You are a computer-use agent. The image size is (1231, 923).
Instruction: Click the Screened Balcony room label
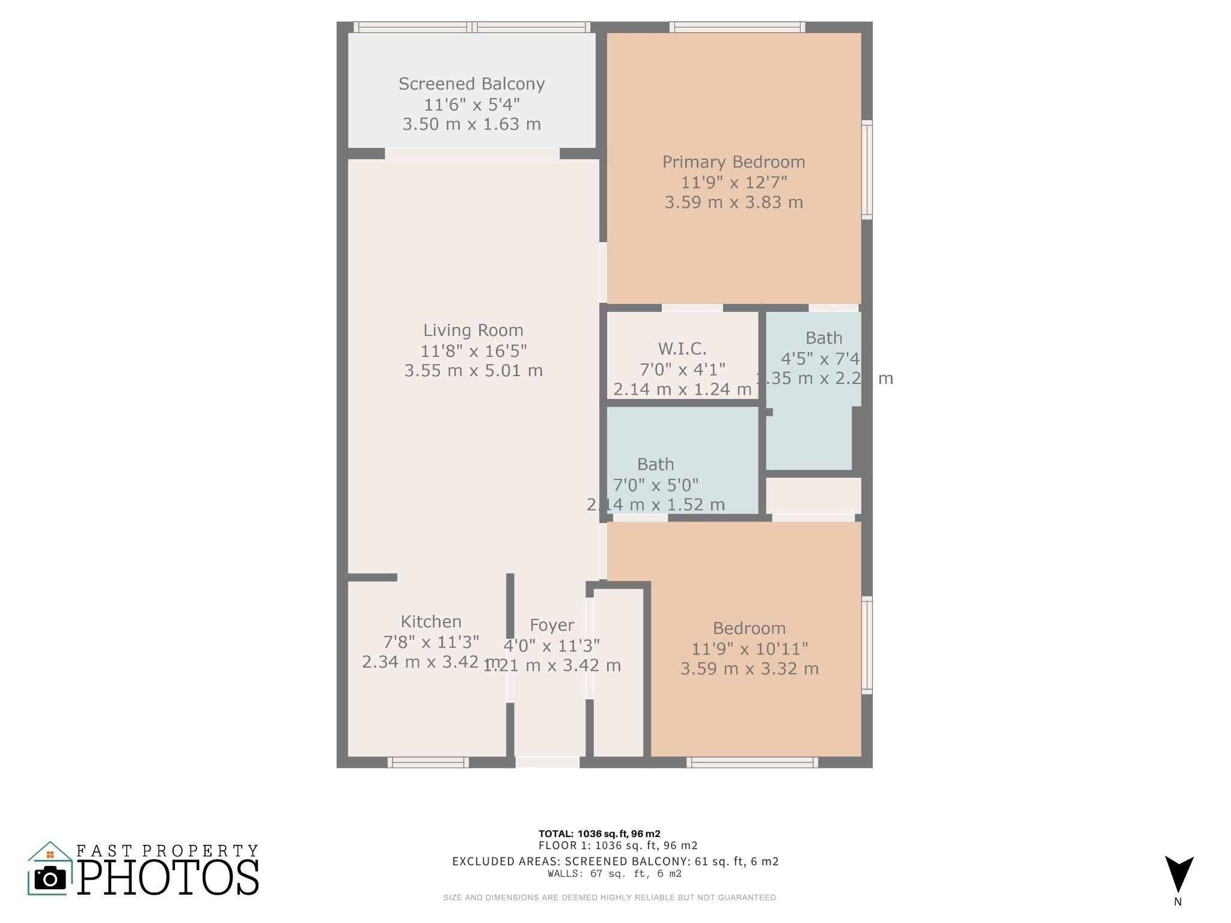(x=471, y=84)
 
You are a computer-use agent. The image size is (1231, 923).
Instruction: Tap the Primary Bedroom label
(x=733, y=162)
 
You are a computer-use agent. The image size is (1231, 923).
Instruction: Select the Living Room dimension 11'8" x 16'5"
(x=474, y=350)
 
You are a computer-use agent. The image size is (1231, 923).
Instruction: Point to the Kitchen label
(x=431, y=621)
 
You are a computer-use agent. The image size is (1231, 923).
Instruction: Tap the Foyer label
(x=552, y=626)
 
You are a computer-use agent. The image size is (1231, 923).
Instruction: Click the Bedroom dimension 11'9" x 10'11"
(x=750, y=649)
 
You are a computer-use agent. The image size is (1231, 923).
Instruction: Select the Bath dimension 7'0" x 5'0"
(x=656, y=484)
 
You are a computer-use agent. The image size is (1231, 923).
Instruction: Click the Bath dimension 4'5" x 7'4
(x=820, y=359)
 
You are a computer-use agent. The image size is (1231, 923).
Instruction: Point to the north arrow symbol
(x=1179, y=874)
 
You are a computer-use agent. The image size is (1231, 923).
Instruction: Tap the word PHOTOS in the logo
(x=168, y=878)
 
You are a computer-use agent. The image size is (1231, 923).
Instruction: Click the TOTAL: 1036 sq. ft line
(x=599, y=833)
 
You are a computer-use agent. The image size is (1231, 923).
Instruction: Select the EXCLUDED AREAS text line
(x=615, y=862)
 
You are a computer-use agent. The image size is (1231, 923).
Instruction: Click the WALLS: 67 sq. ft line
(x=614, y=874)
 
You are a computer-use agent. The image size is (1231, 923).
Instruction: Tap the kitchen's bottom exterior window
(x=427, y=763)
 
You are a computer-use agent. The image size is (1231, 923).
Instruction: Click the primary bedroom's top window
(x=737, y=27)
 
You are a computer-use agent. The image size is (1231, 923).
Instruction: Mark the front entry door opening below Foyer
(x=547, y=762)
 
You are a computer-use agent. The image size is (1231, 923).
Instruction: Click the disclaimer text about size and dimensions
(x=609, y=898)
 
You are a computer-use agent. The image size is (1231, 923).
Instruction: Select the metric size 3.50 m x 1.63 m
(x=471, y=124)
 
